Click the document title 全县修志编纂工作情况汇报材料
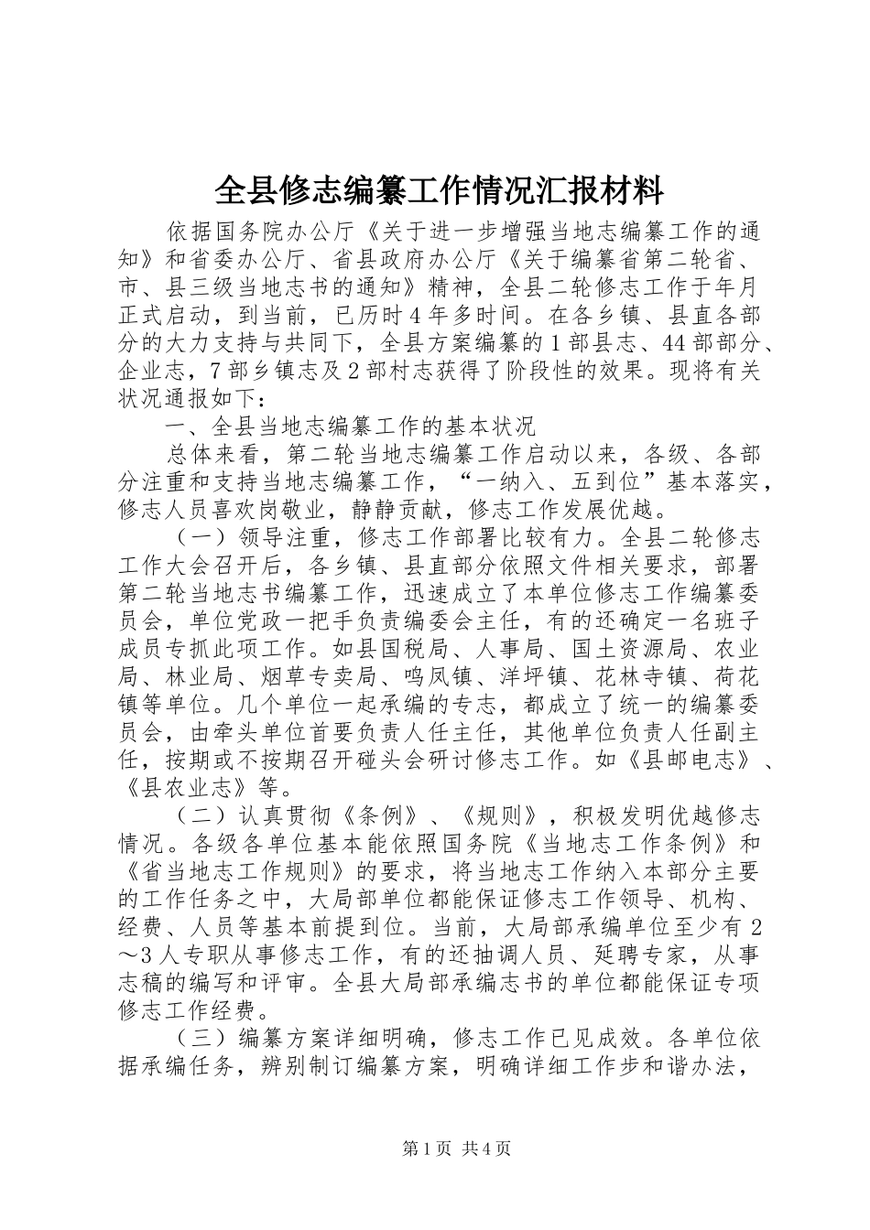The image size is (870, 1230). (x=438, y=192)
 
